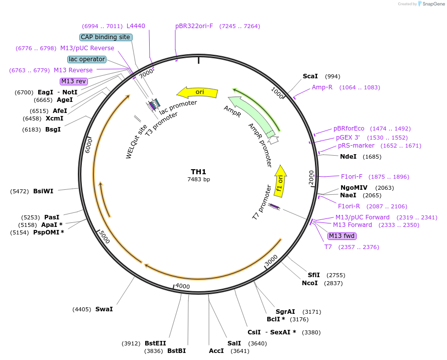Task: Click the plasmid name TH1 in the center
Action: [x=198, y=172]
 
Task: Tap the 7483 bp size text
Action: [x=198, y=179]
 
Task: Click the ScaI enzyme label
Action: [x=310, y=76]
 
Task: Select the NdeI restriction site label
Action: [x=348, y=157]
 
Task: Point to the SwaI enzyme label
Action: [x=104, y=309]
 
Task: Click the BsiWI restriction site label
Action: [x=43, y=191]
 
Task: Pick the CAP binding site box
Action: [x=105, y=37]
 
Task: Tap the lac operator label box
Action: [x=87, y=59]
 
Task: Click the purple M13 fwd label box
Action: [x=342, y=236]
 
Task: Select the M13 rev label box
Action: [x=74, y=81]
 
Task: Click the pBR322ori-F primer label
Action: [x=194, y=26]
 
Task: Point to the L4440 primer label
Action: [x=136, y=26]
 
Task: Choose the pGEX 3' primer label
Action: [x=348, y=138]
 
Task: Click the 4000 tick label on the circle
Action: [x=182, y=286]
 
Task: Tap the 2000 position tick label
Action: [x=311, y=177]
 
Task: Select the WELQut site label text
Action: [x=136, y=142]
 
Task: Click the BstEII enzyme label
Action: [x=155, y=343]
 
